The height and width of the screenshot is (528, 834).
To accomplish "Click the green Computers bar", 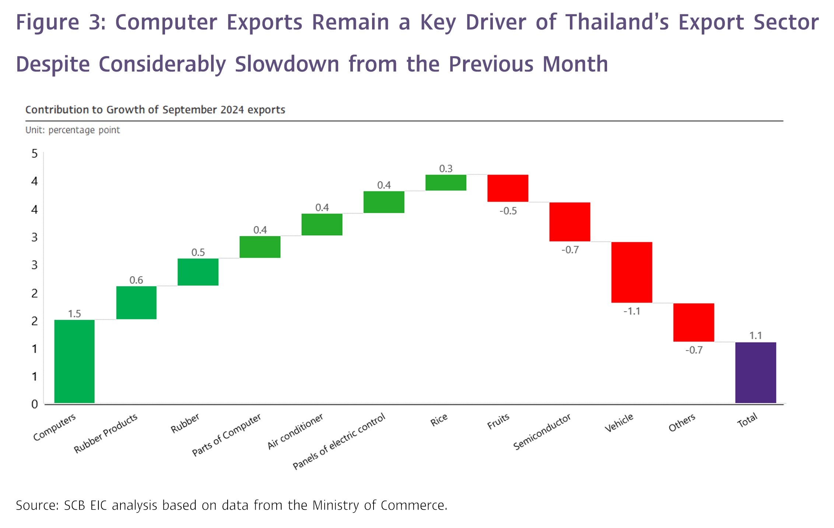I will click(74, 361).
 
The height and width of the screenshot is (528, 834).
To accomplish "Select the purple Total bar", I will click(756, 372).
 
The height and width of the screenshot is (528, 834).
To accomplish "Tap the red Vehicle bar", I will click(632, 272).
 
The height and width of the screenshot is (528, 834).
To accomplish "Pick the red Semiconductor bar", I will click(570, 222).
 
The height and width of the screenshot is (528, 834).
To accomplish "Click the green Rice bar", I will click(446, 183).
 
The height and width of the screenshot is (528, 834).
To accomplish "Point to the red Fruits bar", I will click(508, 188).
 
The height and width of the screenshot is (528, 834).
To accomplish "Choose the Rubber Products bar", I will click(136, 302).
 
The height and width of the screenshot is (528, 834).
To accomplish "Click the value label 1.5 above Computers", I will click(74, 314).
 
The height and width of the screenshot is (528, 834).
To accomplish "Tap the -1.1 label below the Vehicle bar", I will click(632, 311).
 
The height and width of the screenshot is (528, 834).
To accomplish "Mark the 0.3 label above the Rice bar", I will click(446, 169).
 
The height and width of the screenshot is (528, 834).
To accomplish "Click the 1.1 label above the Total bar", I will click(756, 336).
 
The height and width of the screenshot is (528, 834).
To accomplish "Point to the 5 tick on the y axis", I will click(35, 153).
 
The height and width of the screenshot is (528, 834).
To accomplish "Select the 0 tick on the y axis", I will click(35, 404).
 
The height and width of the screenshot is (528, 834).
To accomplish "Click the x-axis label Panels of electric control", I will click(339, 441).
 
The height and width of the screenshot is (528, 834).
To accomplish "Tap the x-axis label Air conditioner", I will click(295, 431).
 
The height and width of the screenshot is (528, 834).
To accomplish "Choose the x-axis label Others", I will click(682, 423).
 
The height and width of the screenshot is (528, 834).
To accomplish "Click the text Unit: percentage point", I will click(73, 130).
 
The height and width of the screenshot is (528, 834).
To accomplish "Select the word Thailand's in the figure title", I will click(617, 22).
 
